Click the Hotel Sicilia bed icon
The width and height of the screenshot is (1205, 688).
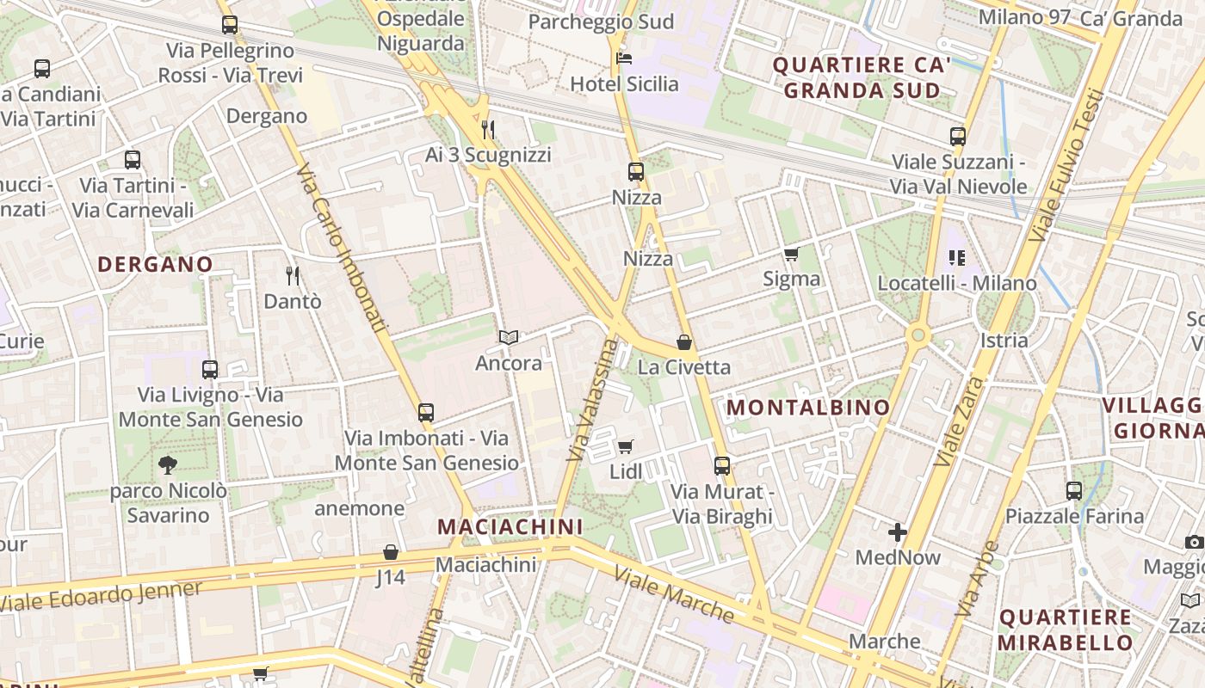pos(624,58)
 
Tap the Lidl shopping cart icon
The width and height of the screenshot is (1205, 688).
pos(626,446)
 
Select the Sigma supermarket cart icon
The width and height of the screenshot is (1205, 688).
pos(791,254)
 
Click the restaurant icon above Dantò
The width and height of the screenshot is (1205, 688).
pos(293,275)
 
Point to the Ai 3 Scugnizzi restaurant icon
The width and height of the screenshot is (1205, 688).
pos(488,130)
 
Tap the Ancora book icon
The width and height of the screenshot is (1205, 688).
pos(509,337)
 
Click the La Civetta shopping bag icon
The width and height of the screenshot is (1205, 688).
pos(684,342)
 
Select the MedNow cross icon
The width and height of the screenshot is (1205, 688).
pos(898,532)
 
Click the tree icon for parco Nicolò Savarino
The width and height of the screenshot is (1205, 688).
pos(168,465)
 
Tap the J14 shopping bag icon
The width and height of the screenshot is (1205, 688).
pos(391,552)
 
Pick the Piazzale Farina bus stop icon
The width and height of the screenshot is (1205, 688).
pos(1074,491)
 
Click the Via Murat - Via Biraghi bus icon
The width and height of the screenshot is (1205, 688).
pos(722,466)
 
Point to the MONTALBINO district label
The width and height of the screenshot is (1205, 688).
pos(808,408)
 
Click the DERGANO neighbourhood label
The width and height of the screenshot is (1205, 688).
pos(155,264)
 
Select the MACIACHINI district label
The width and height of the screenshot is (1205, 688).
pos(510,525)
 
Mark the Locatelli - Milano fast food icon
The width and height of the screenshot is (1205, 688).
pos(957,258)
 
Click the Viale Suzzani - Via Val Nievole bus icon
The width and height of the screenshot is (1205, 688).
pos(958,136)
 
